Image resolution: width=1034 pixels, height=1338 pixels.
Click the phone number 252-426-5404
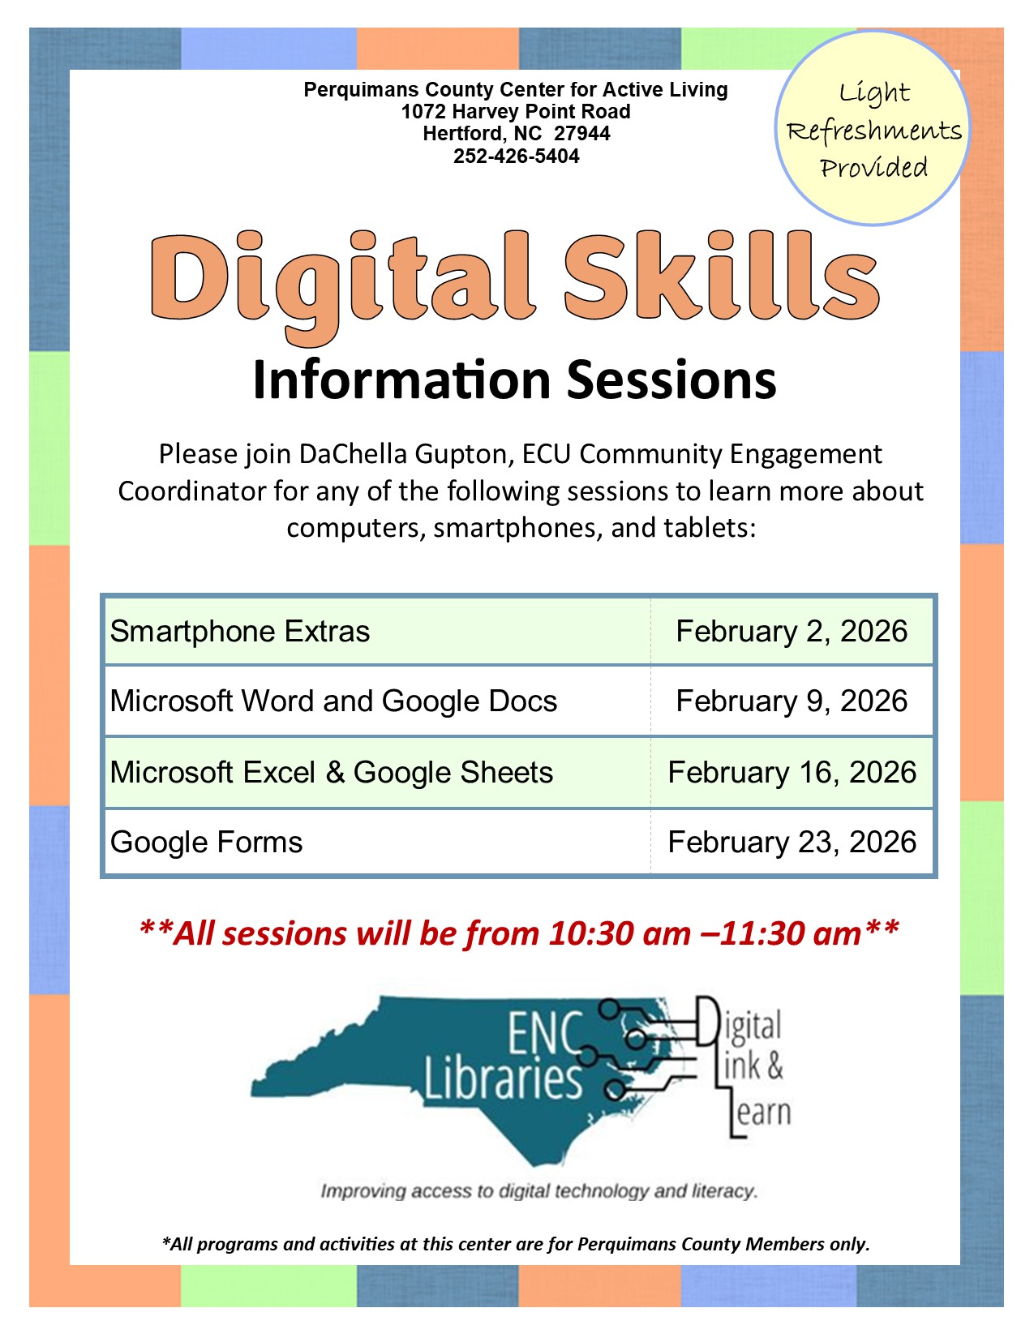click(516, 157)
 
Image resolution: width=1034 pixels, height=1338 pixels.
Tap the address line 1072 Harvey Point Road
click(516, 111)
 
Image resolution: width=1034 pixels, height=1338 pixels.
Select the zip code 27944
click(582, 134)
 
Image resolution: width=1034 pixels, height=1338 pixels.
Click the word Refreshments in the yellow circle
click(874, 131)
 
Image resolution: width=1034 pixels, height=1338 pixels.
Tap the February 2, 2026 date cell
click(792, 631)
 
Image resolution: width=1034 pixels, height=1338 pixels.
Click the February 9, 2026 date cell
click(792, 701)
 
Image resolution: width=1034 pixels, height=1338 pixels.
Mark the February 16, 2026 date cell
click(792, 772)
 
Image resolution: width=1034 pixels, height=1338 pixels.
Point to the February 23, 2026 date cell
click(792, 842)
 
